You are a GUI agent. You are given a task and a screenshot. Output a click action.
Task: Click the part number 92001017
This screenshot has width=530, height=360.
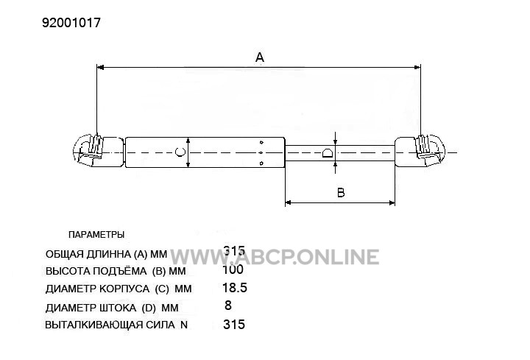(71, 23)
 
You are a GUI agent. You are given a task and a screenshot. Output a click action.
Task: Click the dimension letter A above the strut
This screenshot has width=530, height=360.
(260, 57)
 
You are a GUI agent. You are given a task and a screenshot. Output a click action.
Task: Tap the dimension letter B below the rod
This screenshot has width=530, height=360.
(341, 193)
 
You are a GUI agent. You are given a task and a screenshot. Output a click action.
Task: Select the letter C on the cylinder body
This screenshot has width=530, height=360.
(180, 152)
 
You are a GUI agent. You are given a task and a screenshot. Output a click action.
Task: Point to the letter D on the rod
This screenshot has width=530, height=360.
(328, 153)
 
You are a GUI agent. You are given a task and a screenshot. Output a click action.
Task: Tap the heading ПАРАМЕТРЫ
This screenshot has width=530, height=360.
(96, 235)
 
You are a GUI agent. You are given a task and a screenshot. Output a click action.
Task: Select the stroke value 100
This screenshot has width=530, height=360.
(233, 269)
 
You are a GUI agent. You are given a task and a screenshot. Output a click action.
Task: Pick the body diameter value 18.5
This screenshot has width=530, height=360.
(235, 288)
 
